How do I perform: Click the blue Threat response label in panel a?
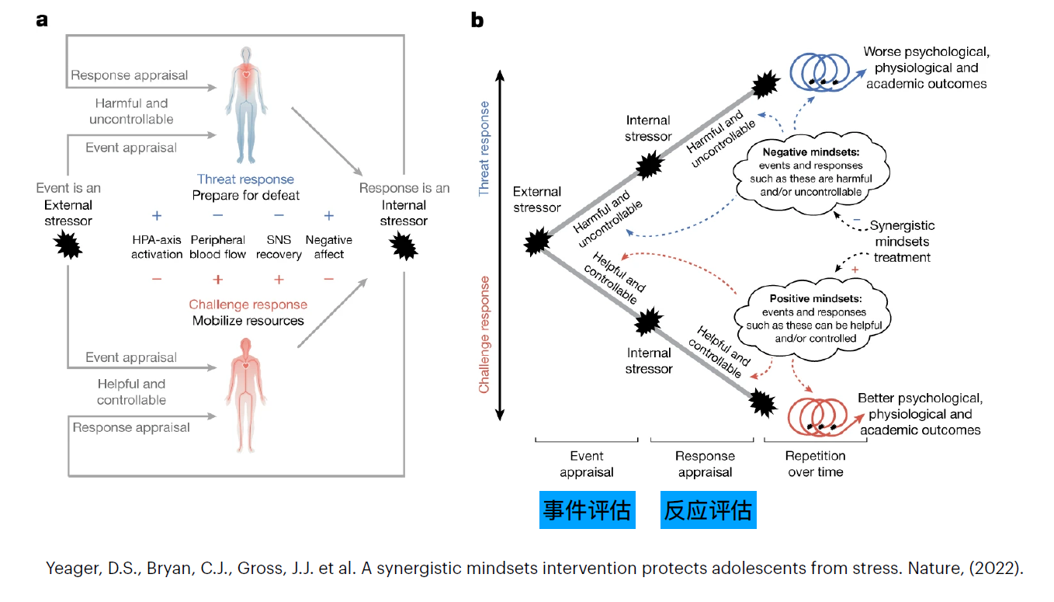click(x=245, y=179)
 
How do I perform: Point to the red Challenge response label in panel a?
click(x=248, y=304)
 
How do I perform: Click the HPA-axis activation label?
click(x=157, y=247)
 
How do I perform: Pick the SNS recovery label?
click(x=279, y=247)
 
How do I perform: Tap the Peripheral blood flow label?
click(x=218, y=247)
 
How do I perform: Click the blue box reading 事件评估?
click(x=587, y=510)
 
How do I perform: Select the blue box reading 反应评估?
click(x=708, y=510)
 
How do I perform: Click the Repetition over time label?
click(x=815, y=464)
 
